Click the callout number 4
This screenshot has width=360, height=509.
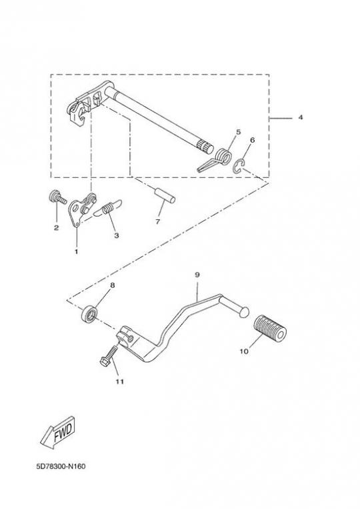point(301,117)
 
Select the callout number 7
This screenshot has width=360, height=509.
point(158,221)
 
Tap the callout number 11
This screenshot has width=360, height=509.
point(120,382)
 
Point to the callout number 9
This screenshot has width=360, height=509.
point(197,274)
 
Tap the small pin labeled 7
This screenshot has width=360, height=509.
point(165,196)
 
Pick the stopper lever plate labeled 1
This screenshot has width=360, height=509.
point(81,209)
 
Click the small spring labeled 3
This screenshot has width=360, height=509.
point(107,208)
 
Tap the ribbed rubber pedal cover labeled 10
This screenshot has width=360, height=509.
point(270,328)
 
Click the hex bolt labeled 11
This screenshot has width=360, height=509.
point(109,356)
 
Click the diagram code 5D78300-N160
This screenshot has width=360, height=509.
point(61,466)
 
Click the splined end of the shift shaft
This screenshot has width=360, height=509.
point(205,147)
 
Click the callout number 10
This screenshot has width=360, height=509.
point(244,351)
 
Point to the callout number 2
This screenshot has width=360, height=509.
point(56,228)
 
